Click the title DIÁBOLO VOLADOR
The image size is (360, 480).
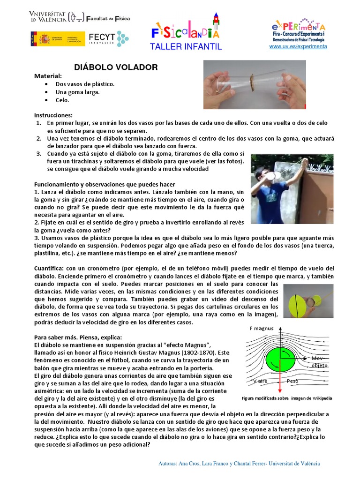[116, 67]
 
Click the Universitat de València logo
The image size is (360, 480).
[56, 18]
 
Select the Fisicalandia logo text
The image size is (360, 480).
[185, 32]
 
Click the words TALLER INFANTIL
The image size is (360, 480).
[186, 47]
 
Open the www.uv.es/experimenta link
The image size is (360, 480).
[298, 46]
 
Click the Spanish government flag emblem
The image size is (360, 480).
[39, 38]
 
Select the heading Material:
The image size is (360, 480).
[48, 76]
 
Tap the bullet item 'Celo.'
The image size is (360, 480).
[62, 100]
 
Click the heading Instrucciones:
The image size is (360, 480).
[53, 115]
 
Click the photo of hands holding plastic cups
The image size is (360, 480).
[254, 84]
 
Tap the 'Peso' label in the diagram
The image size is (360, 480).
[292, 382]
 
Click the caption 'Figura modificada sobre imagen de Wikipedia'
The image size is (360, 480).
[286, 398]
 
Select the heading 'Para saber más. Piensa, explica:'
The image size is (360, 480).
[78, 337]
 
